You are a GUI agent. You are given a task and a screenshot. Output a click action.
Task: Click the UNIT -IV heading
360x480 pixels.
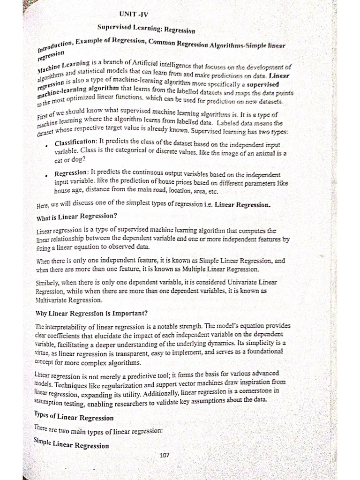click(x=134, y=15)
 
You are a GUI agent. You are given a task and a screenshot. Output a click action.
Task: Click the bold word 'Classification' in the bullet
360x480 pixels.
click(x=75, y=142)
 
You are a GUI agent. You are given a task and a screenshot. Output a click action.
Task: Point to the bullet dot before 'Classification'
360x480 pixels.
click(x=47, y=145)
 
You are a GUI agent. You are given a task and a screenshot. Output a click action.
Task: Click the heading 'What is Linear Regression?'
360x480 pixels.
click(x=76, y=217)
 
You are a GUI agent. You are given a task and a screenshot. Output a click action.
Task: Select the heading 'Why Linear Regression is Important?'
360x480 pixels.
click(x=92, y=313)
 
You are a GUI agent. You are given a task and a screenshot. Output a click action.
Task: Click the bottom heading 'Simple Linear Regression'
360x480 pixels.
click(x=71, y=443)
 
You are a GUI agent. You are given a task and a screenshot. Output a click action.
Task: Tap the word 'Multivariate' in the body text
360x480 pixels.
click(x=54, y=300)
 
